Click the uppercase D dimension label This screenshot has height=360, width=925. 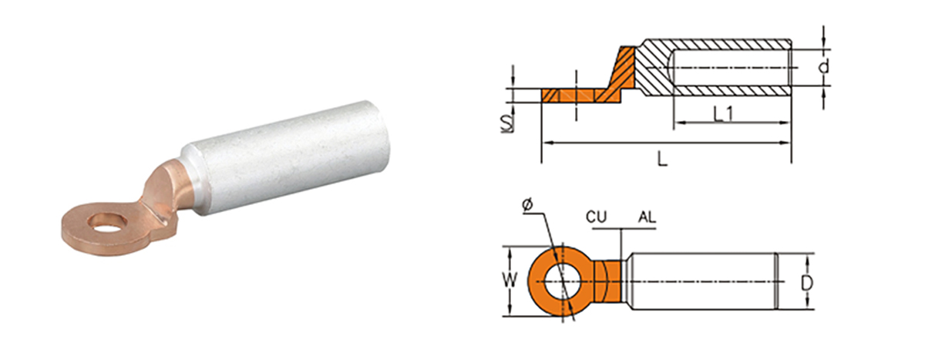pyautogui.click(x=806, y=283)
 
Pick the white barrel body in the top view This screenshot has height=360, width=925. pyautogui.click(x=701, y=282)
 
